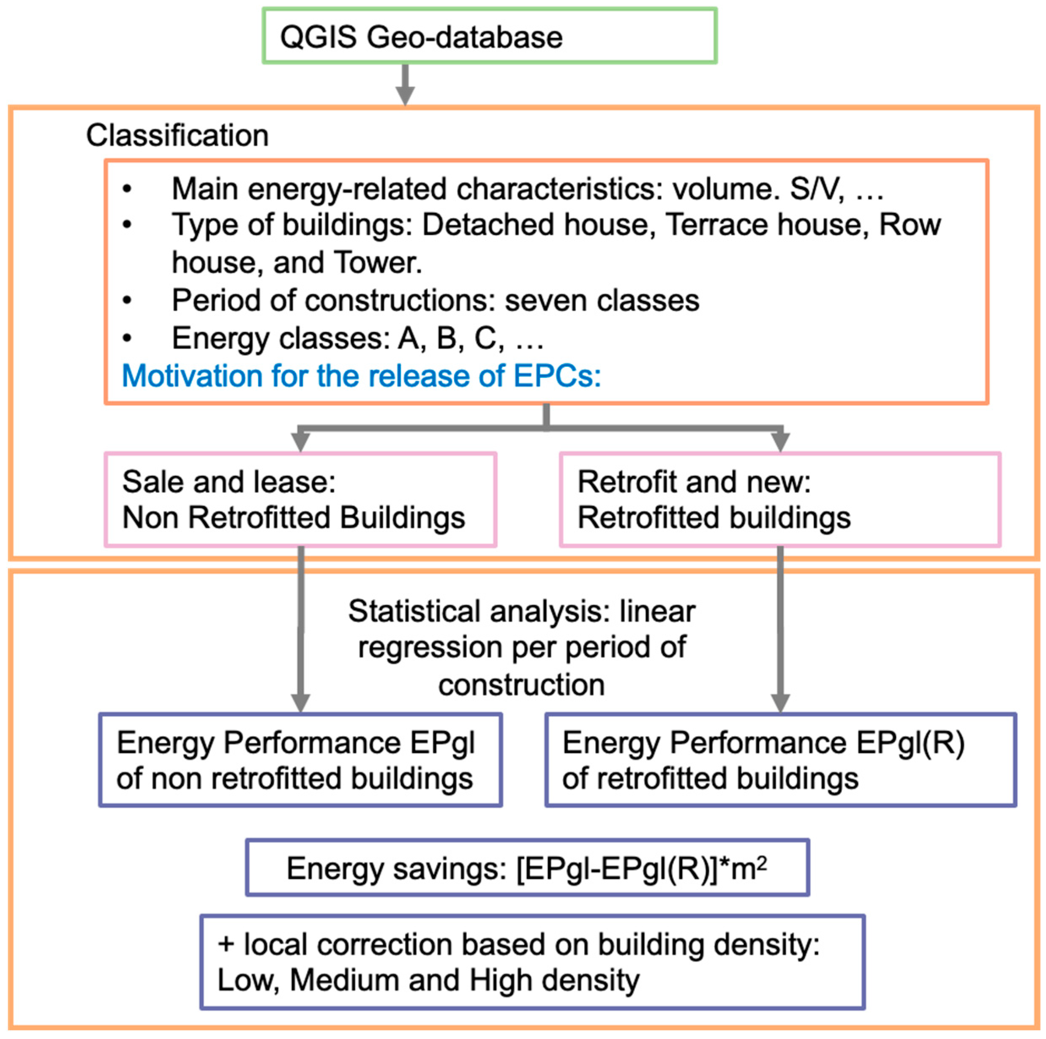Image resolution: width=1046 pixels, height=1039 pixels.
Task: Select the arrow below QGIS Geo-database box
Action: pos(405,85)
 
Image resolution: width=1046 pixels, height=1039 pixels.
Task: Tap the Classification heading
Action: pos(177,135)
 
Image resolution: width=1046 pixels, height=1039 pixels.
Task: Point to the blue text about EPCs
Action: pos(361,375)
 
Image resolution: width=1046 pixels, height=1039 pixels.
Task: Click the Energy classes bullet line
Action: pos(357,338)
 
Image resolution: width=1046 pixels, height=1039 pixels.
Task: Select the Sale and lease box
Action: pos(300,499)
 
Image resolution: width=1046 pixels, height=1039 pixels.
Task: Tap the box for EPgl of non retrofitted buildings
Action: pos(300,760)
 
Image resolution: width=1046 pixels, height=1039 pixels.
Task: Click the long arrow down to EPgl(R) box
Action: pos(780,628)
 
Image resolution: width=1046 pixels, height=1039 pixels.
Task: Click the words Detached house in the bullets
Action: pos(535,225)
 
